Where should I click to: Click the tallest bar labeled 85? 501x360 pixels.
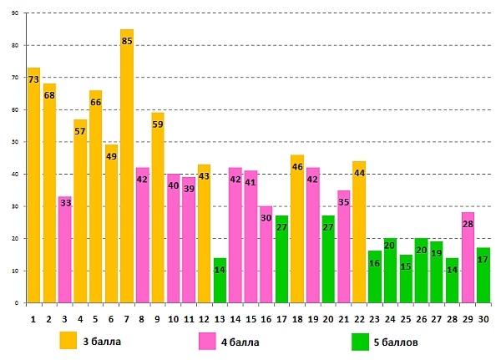coord(127,167)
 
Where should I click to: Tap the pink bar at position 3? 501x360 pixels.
coord(65,250)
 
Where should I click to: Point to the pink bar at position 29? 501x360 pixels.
coord(468,258)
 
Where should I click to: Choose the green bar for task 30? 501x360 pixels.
coord(483,276)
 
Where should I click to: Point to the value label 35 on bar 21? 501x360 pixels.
coord(344,203)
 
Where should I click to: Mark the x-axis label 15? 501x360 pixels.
coord(250,317)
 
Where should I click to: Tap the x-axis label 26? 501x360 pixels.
coord(422,317)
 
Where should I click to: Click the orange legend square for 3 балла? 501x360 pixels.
coord(68,341)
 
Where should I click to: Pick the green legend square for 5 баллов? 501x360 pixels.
coord(360,341)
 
